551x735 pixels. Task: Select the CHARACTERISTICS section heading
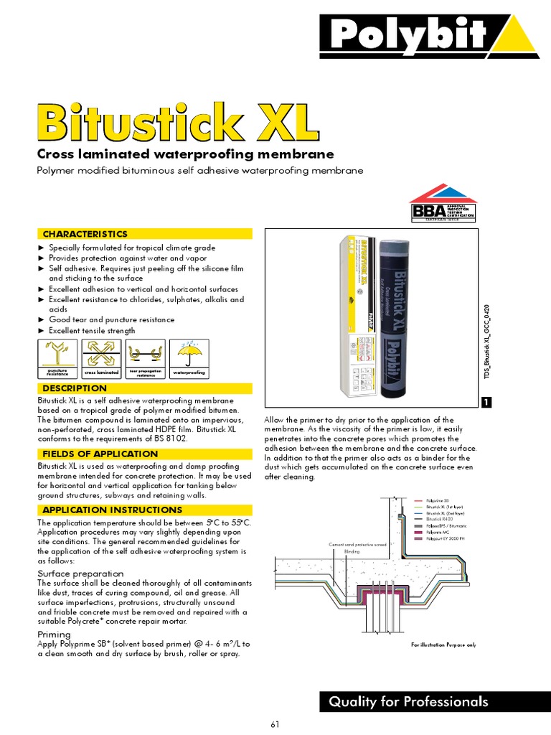click(x=85, y=234)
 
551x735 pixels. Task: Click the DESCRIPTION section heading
click(x=75, y=388)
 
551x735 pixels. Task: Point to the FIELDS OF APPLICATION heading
click(x=100, y=454)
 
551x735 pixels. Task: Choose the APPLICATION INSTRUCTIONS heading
click(x=113, y=510)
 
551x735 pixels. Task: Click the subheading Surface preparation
click(x=80, y=574)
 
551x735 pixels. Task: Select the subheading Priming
click(x=54, y=635)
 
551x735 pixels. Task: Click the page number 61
click(x=275, y=724)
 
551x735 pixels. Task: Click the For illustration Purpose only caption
click(x=443, y=645)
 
